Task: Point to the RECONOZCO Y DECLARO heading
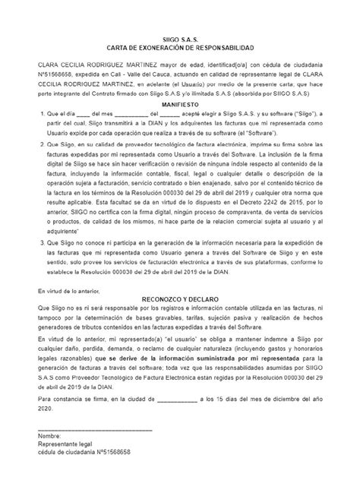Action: point(179,299)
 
